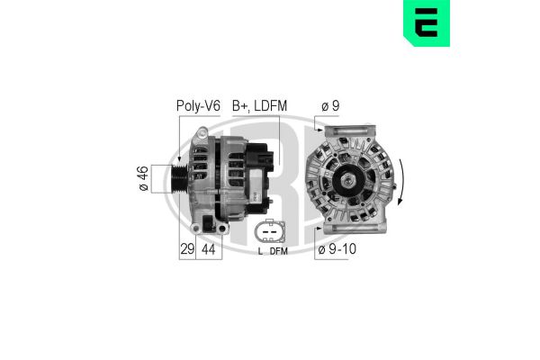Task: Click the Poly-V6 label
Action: [198, 105]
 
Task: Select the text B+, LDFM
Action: [259, 105]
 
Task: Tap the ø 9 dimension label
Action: [330, 105]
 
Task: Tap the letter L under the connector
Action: [259, 252]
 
